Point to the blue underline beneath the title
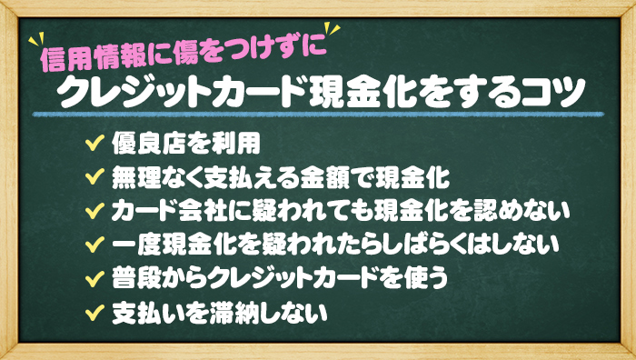(x=318, y=116)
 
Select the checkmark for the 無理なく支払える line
(x=92, y=176)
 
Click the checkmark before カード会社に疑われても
(x=92, y=211)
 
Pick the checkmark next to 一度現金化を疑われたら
(x=92, y=245)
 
